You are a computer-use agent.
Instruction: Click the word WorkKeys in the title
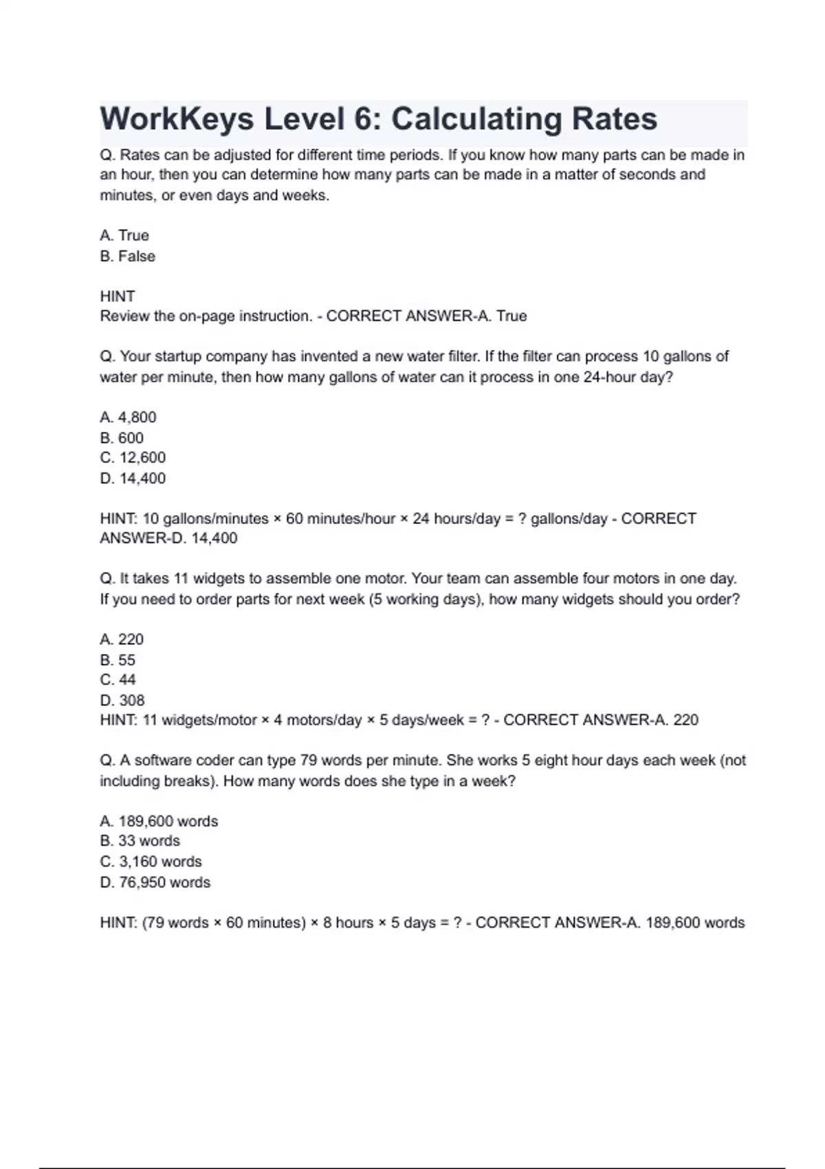pyautogui.click(x=177, y=120)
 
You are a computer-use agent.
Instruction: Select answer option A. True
pyautogui.click(x=124, y=235)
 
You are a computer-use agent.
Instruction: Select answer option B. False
pyautogui.click(x=128, y=256)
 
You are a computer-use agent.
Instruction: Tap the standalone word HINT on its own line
pyautogui.click(x=118, y=296)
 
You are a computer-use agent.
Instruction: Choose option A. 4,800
pyautogui.click(x=129, y=417)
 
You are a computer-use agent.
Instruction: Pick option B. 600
pyautogui.click(x=122, y=438)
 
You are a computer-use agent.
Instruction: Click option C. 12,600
pyautogui.click(x=133, y=458)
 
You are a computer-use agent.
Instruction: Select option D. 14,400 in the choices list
pyautogui.click(x=133, y=479)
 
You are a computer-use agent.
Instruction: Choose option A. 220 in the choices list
pyautogui.click(x=122, y=640)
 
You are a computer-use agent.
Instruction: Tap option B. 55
pyautogui.click(x=118, y=660)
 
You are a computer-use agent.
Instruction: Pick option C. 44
pyautogui.click(x=118, y=680)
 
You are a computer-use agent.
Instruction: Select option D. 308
pyautogui.click(x=122, y=701)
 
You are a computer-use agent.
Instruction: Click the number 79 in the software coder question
pyautogui.click(x=309, y=761)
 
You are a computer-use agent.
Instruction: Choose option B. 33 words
pyautogui.click(x=140, y=841)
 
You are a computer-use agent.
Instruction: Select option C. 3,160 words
pyautogui.click(x=151, y=862)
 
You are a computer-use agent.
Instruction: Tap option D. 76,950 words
pyautogui.click(x=155, y=882)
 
